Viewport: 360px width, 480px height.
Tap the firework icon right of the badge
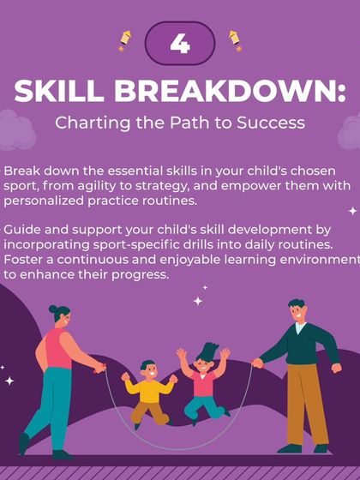click(232, 40)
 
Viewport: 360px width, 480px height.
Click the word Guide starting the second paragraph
click(22, 231)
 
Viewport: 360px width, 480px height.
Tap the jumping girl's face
click(206, 363)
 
